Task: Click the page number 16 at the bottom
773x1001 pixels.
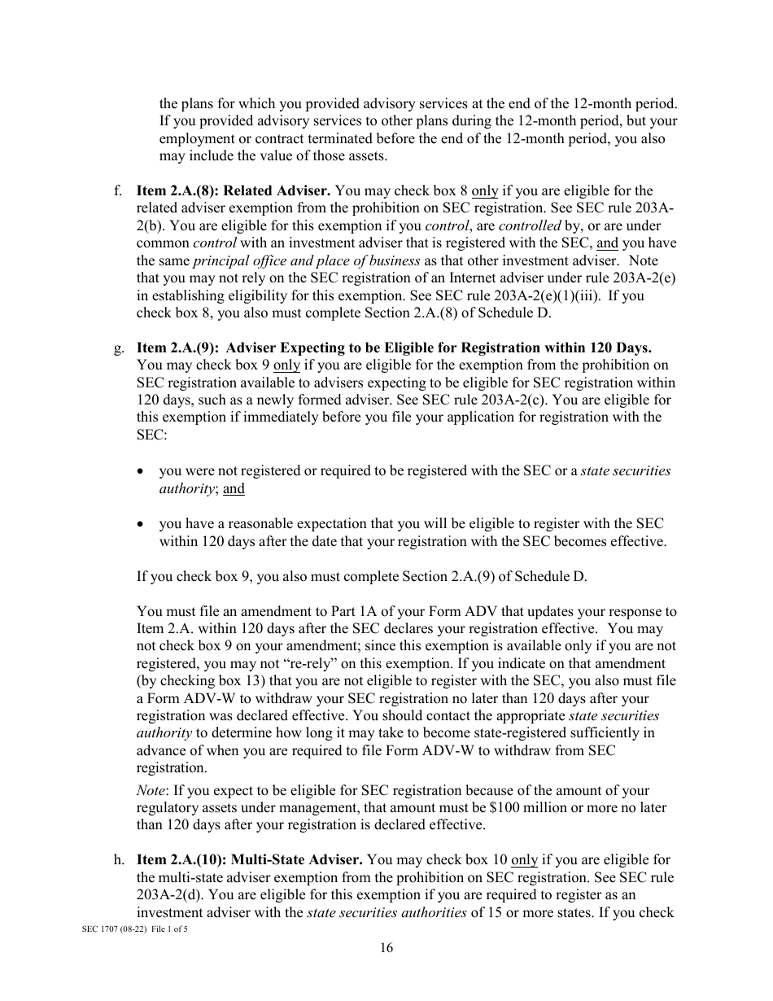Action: [386, 946]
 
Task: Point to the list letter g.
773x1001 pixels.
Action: [119, 348]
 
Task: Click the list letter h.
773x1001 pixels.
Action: [119, 859]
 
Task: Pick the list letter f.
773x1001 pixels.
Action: [118, 191]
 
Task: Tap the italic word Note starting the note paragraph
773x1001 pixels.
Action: [151, 790]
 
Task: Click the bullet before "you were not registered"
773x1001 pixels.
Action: [142, 472]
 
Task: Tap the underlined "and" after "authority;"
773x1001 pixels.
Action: [234, 488]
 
